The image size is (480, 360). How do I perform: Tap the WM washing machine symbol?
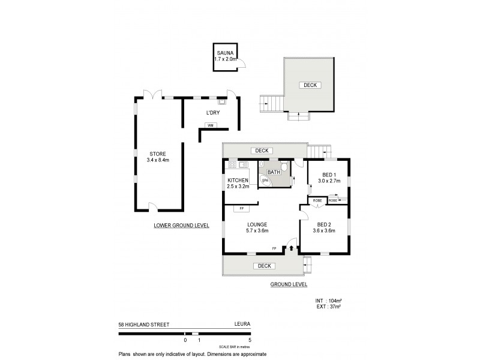(x=211, y=125)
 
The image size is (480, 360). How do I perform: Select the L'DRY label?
(x=212, y=113)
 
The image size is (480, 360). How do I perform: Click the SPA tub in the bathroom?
(x=265, y=180)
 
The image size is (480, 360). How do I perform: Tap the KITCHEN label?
(x=238, y=181)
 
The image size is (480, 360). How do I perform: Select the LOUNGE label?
(x=256, y=224)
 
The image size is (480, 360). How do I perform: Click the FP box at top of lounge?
(x=242, y=208)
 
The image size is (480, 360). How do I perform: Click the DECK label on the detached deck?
(x=310, y=85)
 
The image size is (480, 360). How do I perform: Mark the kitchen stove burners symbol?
(x=230, y=164)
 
